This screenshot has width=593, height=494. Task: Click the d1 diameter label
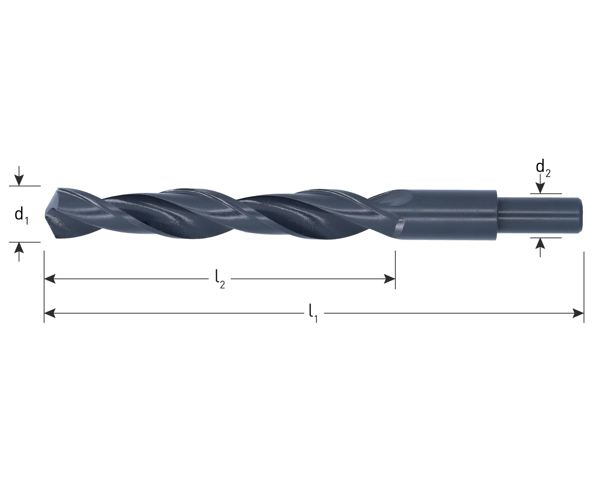point(22,215)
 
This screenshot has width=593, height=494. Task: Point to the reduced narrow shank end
point(540,215)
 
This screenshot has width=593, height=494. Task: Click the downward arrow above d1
point(19,176)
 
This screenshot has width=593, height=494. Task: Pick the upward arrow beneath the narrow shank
point(540,247)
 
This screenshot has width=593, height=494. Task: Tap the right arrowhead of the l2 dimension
point(389,279)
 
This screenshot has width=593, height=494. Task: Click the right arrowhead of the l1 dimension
point(578,313)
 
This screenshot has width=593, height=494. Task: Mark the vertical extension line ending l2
point(395,270)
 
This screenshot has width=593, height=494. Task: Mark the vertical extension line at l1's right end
point(584,287)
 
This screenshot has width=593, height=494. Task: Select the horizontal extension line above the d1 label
point(25,186)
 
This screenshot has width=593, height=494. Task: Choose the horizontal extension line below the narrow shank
point(546,237)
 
